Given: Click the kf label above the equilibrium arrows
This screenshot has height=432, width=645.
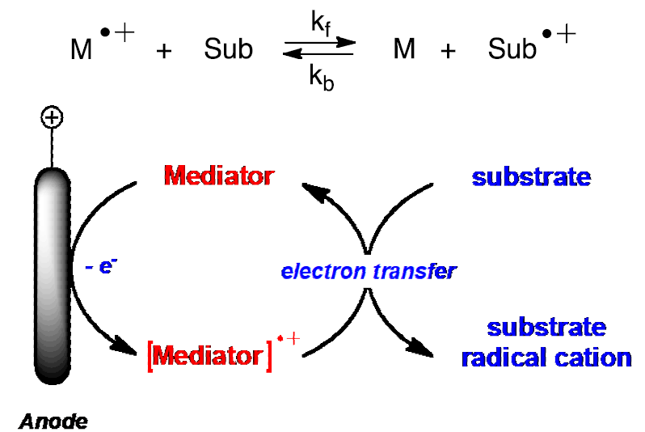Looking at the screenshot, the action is pos(321,23).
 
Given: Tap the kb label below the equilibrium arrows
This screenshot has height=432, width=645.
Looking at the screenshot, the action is pos(321,78).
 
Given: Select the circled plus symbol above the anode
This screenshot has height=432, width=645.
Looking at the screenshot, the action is pos(52,117).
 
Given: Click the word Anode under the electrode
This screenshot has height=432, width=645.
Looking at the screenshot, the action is pos(53,421).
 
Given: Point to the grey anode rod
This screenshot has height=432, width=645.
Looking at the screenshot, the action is pos(53,276).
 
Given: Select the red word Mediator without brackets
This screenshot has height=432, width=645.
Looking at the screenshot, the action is pos(219,176).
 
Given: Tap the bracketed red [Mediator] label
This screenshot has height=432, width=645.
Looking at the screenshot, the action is pos(209,355).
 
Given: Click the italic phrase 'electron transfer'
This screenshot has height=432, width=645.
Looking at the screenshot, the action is pos(369,271).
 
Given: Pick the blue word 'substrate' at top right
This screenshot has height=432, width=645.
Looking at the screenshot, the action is pos(531,177).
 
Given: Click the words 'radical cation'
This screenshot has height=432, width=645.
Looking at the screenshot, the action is pos(546,358).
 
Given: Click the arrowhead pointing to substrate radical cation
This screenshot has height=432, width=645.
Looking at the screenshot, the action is pos(420,347).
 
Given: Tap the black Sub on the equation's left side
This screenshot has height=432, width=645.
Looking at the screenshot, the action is pos(228,49).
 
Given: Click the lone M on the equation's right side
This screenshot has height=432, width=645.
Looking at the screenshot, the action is pos(404,49).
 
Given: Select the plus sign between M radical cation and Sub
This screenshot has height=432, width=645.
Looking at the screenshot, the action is pos(164,52).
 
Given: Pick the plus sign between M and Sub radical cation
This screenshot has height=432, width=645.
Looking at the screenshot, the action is pos(448,52).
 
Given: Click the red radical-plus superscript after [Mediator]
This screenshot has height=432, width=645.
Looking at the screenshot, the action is pos(289,338).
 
